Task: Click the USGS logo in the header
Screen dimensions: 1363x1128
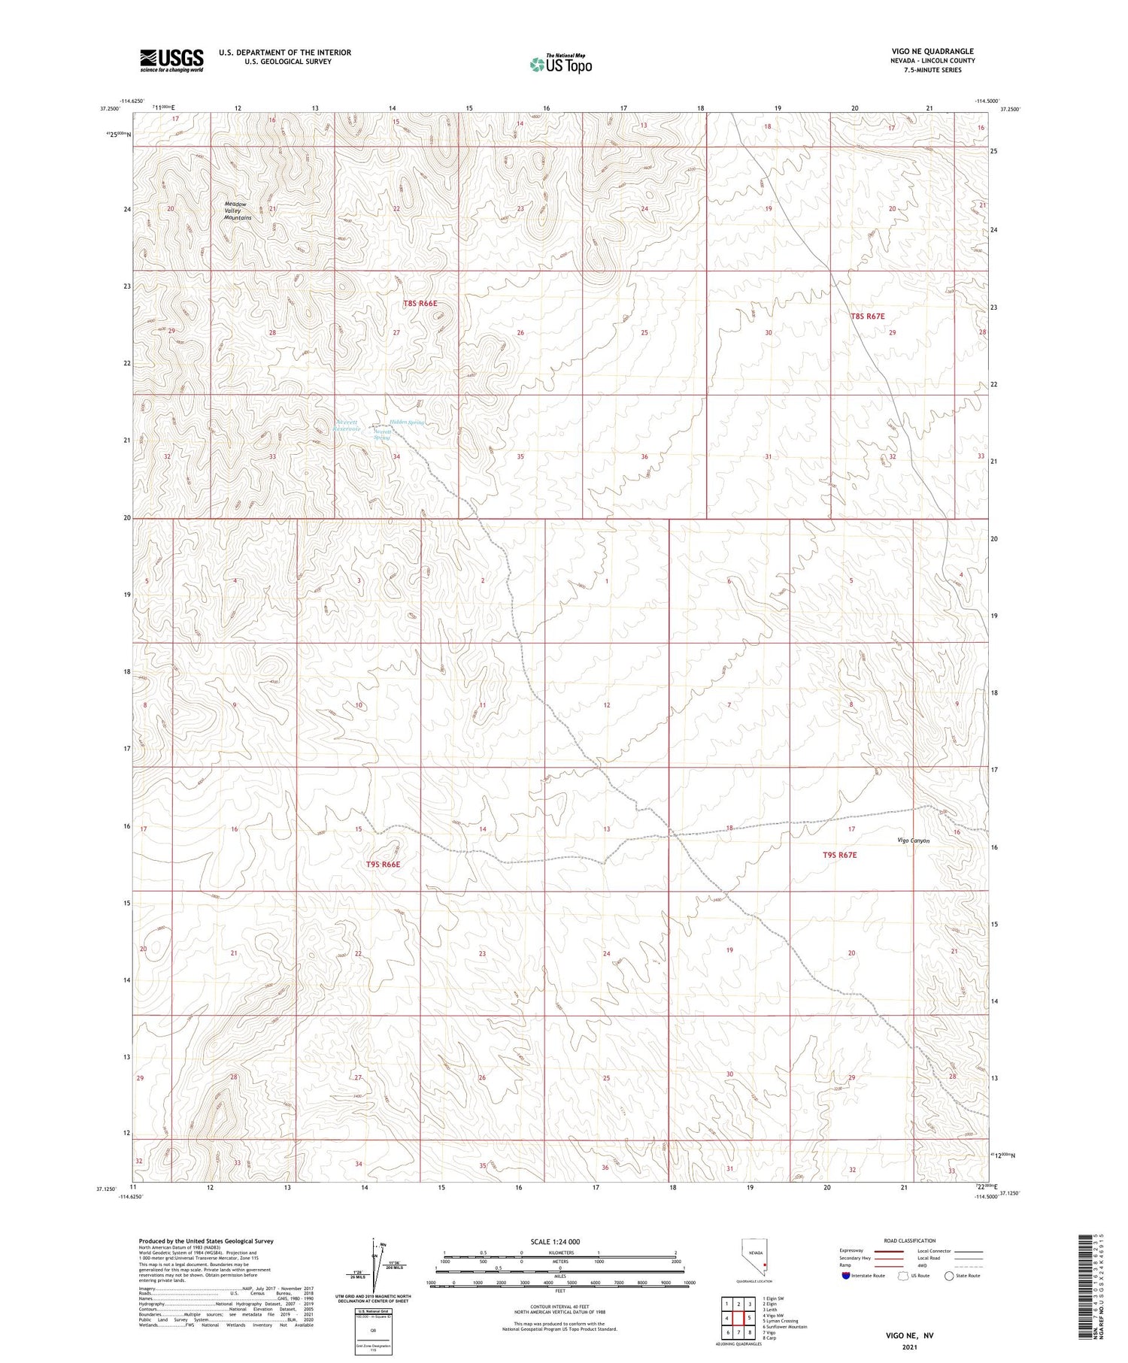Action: [171, 60]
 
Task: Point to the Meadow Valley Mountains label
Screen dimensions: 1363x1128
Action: [238, 211]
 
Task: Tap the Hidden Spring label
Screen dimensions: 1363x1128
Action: [407, 423]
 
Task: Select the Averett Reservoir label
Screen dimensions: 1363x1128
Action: [348, 426]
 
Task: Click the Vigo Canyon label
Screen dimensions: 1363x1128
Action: [913, 841]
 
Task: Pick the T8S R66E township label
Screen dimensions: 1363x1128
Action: [420, 304]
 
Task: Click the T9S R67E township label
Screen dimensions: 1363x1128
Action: [839, 855]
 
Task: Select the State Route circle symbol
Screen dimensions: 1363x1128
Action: [950, 1276]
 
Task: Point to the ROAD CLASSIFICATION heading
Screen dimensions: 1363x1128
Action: [909, 1240]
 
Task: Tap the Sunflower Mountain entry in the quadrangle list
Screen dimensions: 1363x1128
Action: [784, 1327]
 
